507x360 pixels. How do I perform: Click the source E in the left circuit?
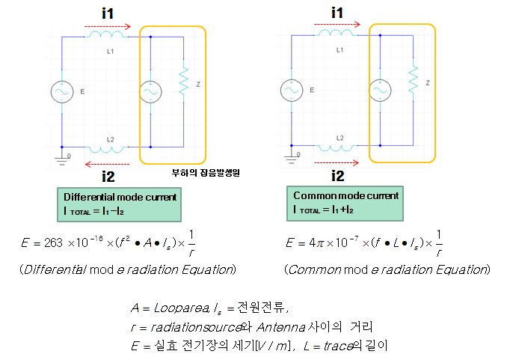(x=61, y=91)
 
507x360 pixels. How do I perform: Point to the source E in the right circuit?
(x=290, y=91)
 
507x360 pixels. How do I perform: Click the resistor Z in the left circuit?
(x=182, y=82)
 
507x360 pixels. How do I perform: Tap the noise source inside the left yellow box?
(x=151, y=91)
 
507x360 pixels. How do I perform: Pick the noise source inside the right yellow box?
(x=381, y=91)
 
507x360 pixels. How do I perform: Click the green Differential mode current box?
(x=120, y=204)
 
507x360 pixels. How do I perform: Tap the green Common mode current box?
(x=345, y=202)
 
